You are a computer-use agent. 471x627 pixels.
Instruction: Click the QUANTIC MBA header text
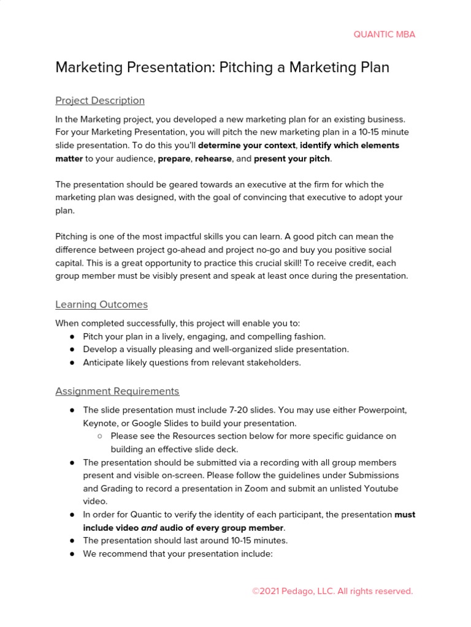(x=384, y=34)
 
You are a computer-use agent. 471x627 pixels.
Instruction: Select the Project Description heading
(x=100, y=100)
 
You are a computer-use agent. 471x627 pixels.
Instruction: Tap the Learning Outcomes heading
(x=101, y=304)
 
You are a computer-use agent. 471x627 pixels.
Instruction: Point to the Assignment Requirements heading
(x=117, y=391)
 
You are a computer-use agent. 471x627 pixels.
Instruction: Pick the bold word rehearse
(x=213, y=159)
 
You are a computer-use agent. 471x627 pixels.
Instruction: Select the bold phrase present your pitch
(x=292, y=159)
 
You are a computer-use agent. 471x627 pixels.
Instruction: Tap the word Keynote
(x=101, y=423)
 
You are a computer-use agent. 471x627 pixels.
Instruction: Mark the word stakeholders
(x=275, y=362)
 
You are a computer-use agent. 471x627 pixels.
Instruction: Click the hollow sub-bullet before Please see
(x=99, y=436)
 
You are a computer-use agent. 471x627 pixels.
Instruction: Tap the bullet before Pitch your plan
(x=72, y=336)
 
